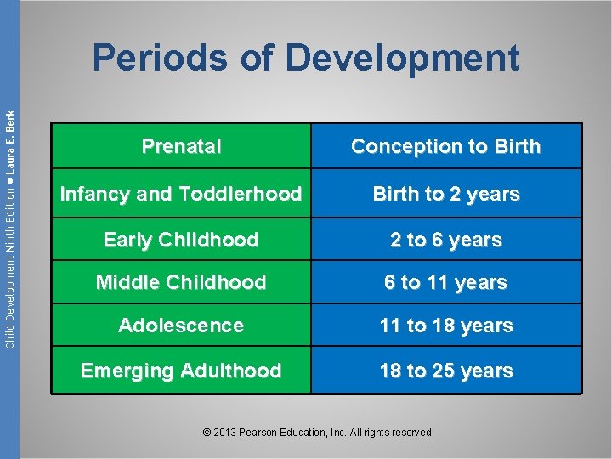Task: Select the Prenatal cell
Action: [x=181, y=146]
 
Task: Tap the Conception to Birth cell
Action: [x=445, y=146]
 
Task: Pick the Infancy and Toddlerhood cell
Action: [x=181, y=194]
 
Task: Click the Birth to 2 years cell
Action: [x=445, y=194]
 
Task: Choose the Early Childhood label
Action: [x=181, y=241]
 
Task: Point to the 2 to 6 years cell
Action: [x=445, y=241]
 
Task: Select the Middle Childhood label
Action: [x=181, y=282]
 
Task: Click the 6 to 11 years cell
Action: [x=445, y=282]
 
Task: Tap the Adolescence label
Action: [x=181, y=326]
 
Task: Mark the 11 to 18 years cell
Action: [x=445, y=326]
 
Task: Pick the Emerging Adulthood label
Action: [x=181, y=371]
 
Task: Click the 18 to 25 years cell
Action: [x=445, y=371]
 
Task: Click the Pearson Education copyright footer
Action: [x=319, y=433]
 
